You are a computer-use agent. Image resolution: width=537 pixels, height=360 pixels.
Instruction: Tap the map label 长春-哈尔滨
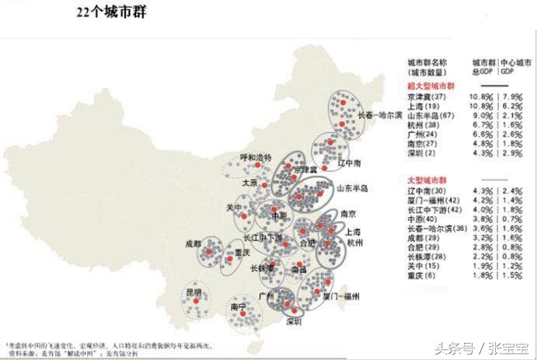point(380,114)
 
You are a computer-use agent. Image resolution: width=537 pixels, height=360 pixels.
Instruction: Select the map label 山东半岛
point(351,188)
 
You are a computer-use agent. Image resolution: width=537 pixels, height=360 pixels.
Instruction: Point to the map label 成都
point(194,243)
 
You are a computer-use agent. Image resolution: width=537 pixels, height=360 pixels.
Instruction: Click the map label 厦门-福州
point(341,295)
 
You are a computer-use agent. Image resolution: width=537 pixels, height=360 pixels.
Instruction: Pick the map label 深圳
point(294,320)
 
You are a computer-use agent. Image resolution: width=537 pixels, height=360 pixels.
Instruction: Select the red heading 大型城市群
point(424,180)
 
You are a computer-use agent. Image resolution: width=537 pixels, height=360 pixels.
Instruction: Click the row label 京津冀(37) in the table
point(427,96)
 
